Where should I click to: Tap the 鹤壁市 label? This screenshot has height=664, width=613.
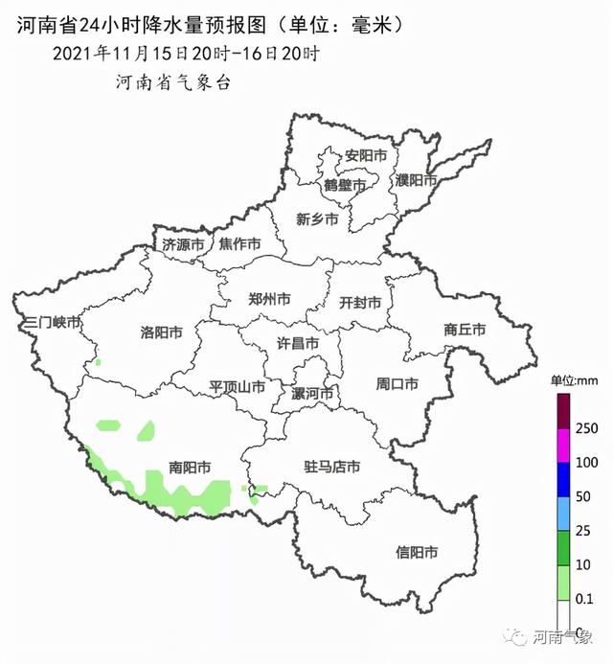[x=344, y=184]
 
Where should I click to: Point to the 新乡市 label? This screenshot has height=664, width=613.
[x=317, y=219]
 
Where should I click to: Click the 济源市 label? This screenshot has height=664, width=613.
[x=183, y=244]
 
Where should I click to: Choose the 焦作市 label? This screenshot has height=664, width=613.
[x=239, y=244]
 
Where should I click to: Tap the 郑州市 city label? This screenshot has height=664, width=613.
[x=269, y=299]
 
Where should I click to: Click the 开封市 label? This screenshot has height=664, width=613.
[x=360, y=302]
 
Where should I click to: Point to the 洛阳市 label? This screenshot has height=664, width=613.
[x=161, y=332]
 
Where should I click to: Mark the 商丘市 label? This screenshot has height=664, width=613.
[x=465, y=330]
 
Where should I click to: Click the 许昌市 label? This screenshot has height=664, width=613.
[x=297, y=342]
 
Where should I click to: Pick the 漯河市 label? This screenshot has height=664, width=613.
[x=312, y=394]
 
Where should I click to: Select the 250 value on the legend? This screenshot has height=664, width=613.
[x=587, y=427]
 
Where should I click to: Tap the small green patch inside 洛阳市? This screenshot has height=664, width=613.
[x=98, y=362]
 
